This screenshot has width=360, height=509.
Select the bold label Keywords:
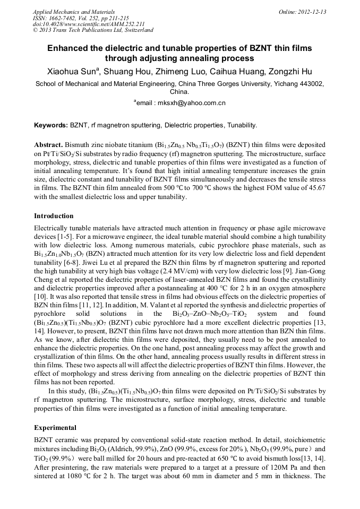pos(51,125)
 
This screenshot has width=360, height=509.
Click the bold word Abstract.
pos(49,144)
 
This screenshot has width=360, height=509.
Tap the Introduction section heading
pos(54,216)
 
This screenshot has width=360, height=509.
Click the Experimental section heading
pos(55,428)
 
